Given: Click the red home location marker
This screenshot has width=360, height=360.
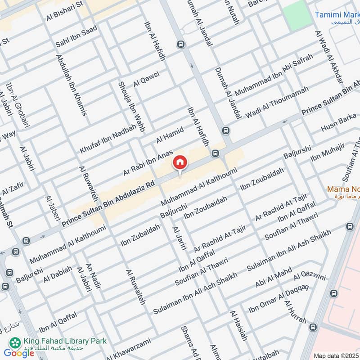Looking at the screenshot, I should point(180,162).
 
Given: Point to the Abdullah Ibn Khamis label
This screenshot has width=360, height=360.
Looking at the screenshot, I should point(72,85).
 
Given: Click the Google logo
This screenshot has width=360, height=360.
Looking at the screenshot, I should point(19,353).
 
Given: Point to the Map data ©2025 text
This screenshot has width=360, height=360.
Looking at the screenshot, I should point(335,356).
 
